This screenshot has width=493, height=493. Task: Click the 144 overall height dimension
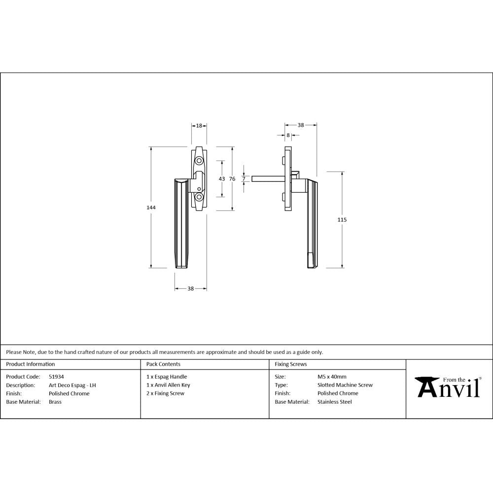151,208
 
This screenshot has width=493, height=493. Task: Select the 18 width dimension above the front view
199,126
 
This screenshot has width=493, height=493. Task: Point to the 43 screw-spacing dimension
221,178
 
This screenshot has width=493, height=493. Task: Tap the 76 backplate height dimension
232,178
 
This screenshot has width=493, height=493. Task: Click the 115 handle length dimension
342,220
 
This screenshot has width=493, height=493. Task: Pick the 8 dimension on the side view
288,135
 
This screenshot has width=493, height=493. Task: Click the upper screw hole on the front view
199,161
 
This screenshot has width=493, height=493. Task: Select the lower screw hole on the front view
199,197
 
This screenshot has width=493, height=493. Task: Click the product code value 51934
56,377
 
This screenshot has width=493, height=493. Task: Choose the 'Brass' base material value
55,402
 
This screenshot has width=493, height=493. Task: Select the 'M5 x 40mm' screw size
332,377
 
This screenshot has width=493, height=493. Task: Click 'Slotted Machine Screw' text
345,385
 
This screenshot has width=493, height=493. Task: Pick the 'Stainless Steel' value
335,402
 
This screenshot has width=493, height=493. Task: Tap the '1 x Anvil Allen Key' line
168,385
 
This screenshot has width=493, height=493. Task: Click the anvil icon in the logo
427,386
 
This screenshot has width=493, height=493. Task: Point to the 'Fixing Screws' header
291,364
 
